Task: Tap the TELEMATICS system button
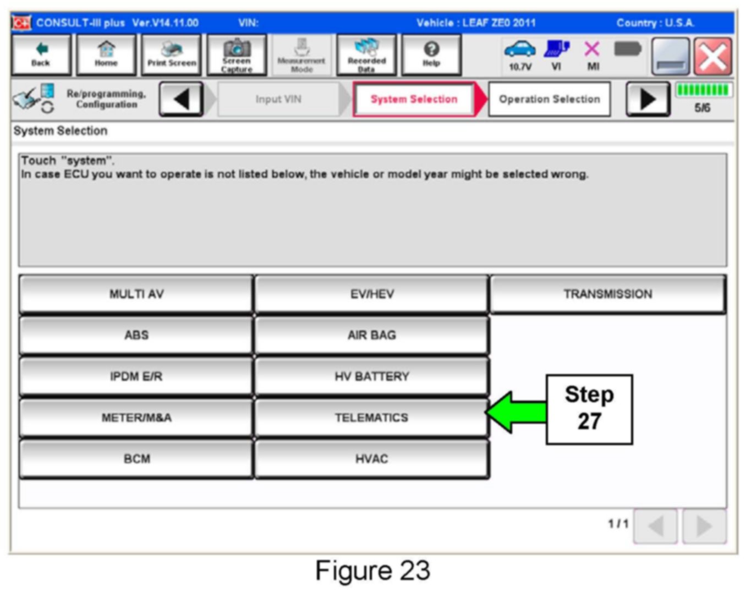coord(371,418)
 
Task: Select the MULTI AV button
coord(136,294)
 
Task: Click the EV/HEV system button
coord(371,294)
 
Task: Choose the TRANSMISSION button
coord(607,294)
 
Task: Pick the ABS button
coord(136,335)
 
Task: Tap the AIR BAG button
coord(371,335)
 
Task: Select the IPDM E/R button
coord(136,376)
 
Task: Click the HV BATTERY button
coord(371,376)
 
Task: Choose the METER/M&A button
coord(136,418)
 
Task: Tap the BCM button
coord(136,459)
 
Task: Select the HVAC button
coord(371,459)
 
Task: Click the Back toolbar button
coord(41,54)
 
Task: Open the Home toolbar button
coord(106,54)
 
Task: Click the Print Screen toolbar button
coord(172,54)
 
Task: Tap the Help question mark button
coord(431,54)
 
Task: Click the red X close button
coord(712,56)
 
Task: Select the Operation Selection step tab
coord(549,99)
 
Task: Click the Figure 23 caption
coord(372,571)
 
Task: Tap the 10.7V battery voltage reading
coord(520,67)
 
